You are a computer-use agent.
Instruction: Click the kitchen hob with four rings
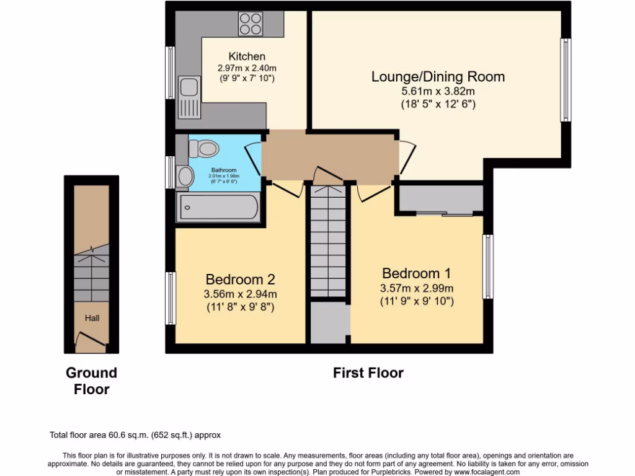pyautogui.click(x=251, y=24)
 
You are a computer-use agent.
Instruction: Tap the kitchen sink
pyautogui.click(x=187, y=97)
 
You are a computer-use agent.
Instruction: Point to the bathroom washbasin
pyautogui.click(x=185, y=177)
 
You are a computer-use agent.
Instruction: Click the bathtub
pyautogui.click(x=217, y=208)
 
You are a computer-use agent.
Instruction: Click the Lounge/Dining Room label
pyautogui.click(x=438, y=77)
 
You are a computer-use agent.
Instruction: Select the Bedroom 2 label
pyautogui.click(x=241, y=280)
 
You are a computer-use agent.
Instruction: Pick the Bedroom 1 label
pyautogui.click(x=416, y=273)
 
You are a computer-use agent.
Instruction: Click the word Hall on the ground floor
pyautogui.click(x=92, y=318)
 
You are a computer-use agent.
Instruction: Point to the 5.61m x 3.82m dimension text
pyautogui.click(x=438, y=91)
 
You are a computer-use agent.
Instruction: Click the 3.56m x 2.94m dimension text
pyautogui.click(x=241, y=294)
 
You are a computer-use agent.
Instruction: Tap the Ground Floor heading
pyautogui.click(x=92, y=381)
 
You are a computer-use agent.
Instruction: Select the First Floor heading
pyautogui.click(x=368, y=373)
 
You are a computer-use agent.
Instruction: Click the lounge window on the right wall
pyautogui.click(x=566, y=80)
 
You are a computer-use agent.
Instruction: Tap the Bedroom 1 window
pyautogui.click(x=489, y=267)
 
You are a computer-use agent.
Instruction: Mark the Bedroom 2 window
pyautogui.click(x=170, y=298)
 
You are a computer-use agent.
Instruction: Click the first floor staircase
pyautogui.click(x=327, y=242)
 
